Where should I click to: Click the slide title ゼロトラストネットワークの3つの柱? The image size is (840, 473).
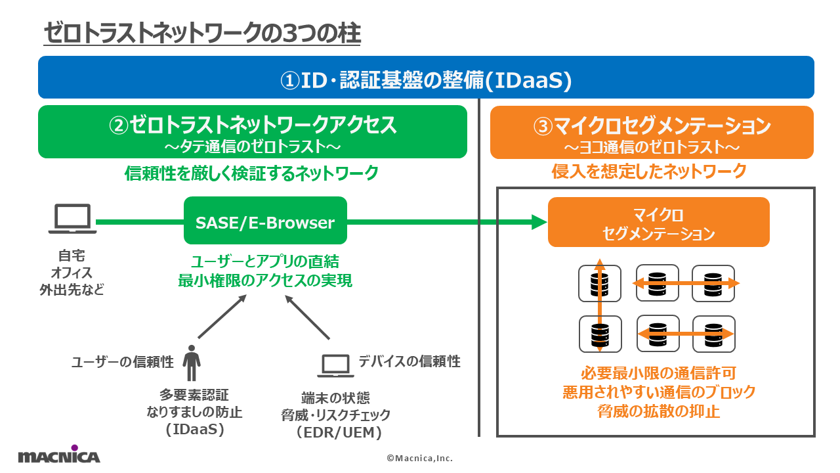click(202, 33)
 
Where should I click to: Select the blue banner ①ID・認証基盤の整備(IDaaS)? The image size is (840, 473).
click(426, 78)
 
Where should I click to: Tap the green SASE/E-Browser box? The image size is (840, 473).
click(265, 220)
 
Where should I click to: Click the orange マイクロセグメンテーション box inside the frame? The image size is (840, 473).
click(658, 222)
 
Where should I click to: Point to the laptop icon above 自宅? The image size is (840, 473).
click(72, 219)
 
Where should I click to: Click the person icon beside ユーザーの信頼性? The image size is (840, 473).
click(192, 363)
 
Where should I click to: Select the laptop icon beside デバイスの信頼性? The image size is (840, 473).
click(335, 366)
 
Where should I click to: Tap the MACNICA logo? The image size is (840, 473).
click(59, 454)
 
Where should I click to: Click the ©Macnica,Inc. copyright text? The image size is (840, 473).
click(419, 458)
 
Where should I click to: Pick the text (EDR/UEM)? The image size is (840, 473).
click(339, 432)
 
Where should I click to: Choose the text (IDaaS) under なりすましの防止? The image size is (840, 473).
click(195, 430)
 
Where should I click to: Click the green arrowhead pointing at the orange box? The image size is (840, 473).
click(539, 222)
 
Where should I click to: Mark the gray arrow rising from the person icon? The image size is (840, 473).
click(222, 317)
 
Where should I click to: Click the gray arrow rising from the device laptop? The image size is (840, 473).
click(307, 317)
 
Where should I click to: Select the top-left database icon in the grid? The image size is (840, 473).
click(600, 283)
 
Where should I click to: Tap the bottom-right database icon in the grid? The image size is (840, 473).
click(713, 334)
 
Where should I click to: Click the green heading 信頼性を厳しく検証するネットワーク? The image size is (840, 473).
click(251, 173)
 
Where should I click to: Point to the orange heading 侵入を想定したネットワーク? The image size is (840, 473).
click(649, 171)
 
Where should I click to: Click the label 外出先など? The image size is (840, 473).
click(72, 290)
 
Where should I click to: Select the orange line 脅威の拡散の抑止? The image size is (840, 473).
click(658, 411)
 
